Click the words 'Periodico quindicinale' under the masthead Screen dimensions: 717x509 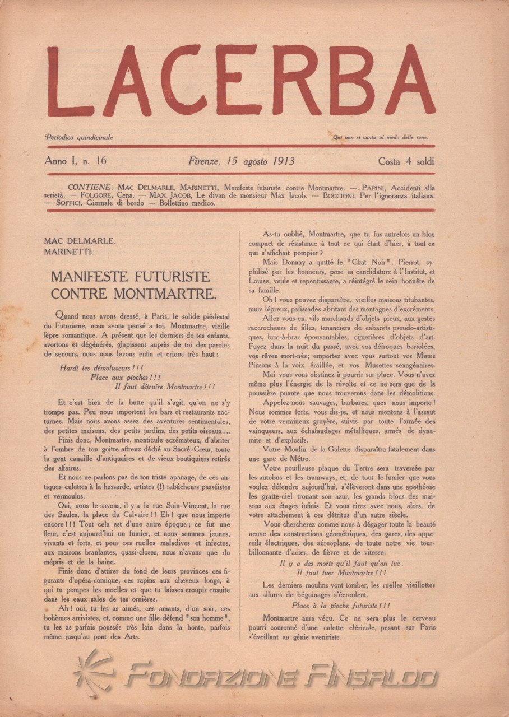click(x=79, y=137)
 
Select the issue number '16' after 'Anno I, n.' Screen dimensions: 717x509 click(x=101, y=161)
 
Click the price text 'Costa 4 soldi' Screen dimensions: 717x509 click(x=406, y=162)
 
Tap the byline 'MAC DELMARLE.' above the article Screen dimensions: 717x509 click(x=79, y=241)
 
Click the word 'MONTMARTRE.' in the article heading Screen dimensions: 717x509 click(x=174, y=293)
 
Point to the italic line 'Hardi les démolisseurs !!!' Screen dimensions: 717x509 click(x=101, y=368)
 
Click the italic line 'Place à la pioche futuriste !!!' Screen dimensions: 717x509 click(x=341, y=606)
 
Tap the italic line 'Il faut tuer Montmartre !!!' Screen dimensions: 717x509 click(x=341, y=573)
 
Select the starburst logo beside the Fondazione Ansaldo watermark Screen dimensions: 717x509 click(x=94, y=674)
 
